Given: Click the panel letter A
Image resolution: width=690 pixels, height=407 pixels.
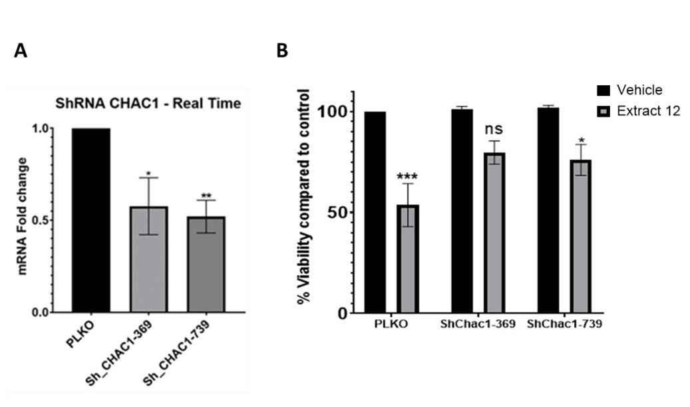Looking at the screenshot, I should point(21,51).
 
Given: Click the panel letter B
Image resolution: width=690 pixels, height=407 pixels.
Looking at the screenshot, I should point(282,51).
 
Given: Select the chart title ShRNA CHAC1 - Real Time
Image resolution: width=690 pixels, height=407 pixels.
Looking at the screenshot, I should point(147,104).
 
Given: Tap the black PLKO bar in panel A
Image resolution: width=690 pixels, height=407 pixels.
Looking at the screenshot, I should point(92,219).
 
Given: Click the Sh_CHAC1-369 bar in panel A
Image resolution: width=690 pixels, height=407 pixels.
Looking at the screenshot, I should point(148,259).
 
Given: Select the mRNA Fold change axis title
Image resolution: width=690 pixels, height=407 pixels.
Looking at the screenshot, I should point(23,216).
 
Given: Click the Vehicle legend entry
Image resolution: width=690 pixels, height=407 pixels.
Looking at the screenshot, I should point(637,90).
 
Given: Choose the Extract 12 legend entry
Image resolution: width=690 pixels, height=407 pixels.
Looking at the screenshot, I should point(647,111).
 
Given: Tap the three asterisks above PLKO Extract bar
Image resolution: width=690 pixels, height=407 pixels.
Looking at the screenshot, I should point(407,177).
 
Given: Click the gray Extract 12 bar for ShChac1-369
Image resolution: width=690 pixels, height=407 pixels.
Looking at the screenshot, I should point(494,232).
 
